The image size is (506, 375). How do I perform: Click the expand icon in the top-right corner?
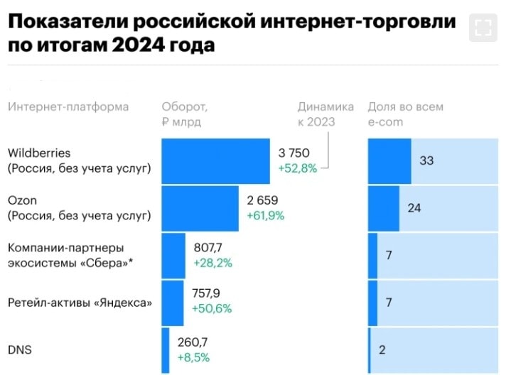(483, 28)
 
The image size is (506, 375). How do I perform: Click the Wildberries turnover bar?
(215, 161)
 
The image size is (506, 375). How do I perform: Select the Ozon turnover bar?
(200, 207)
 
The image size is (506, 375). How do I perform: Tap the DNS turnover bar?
(166, 350)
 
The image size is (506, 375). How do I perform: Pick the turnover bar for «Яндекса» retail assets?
(173, 303)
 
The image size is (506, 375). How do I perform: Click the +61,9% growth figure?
(265, 214)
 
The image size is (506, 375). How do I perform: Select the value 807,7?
(210, 248)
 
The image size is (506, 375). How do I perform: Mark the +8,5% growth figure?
(193, 357)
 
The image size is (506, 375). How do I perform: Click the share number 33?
(426, 161)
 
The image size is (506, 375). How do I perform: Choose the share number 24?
(414, 207)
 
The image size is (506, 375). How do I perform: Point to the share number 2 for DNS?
(382, 349)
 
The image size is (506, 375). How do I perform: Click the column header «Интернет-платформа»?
(68, 107)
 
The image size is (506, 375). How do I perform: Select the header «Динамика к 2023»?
(325, 114)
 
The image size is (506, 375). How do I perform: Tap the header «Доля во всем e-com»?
(405, 114)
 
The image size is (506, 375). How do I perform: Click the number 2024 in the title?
(138, 45)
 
